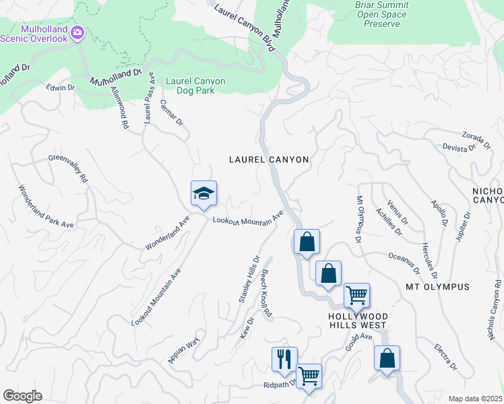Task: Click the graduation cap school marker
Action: pos(204,194)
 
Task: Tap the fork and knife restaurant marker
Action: pos(284,358)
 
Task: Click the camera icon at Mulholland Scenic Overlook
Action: pos(77,32)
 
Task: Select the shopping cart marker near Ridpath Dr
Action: pos(309,375)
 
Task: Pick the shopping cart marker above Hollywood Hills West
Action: pos(356,294)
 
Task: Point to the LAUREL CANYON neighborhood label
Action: pos(268,160)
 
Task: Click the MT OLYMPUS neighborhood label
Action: pos(437,287)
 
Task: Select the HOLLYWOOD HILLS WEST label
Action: pos(357,321)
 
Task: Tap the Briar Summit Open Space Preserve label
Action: pos(381,14)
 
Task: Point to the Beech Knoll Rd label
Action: pos(266,294)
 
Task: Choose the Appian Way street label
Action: pos(184,351)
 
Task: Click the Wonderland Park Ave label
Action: pos(45,205)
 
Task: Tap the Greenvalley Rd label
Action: pos(68,168)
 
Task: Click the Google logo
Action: pos(22,396)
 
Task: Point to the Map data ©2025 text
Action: pos(474,399)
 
